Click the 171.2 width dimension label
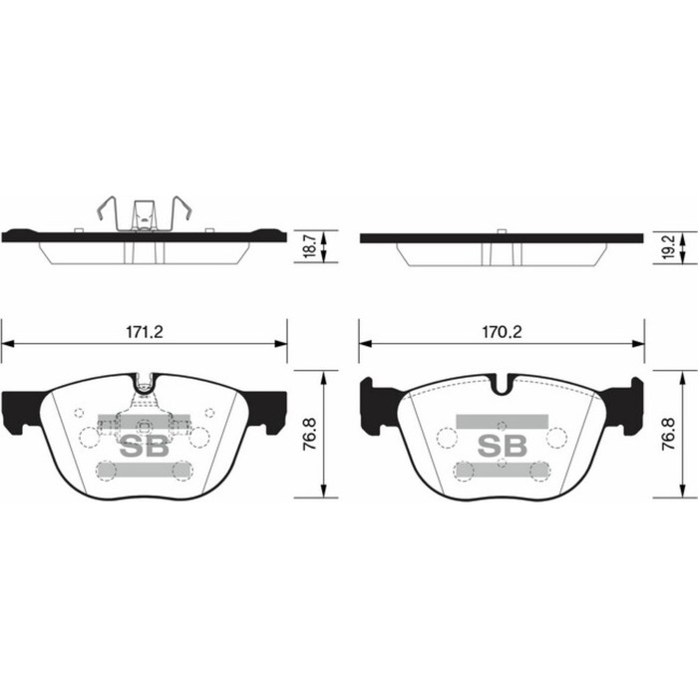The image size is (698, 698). point(145,330)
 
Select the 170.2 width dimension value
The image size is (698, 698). point(503,330)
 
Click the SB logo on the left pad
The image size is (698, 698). point(144,446)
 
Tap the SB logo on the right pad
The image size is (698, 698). point(503,445)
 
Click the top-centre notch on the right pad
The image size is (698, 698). point(504,381)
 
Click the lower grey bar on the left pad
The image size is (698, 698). point(144,470)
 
